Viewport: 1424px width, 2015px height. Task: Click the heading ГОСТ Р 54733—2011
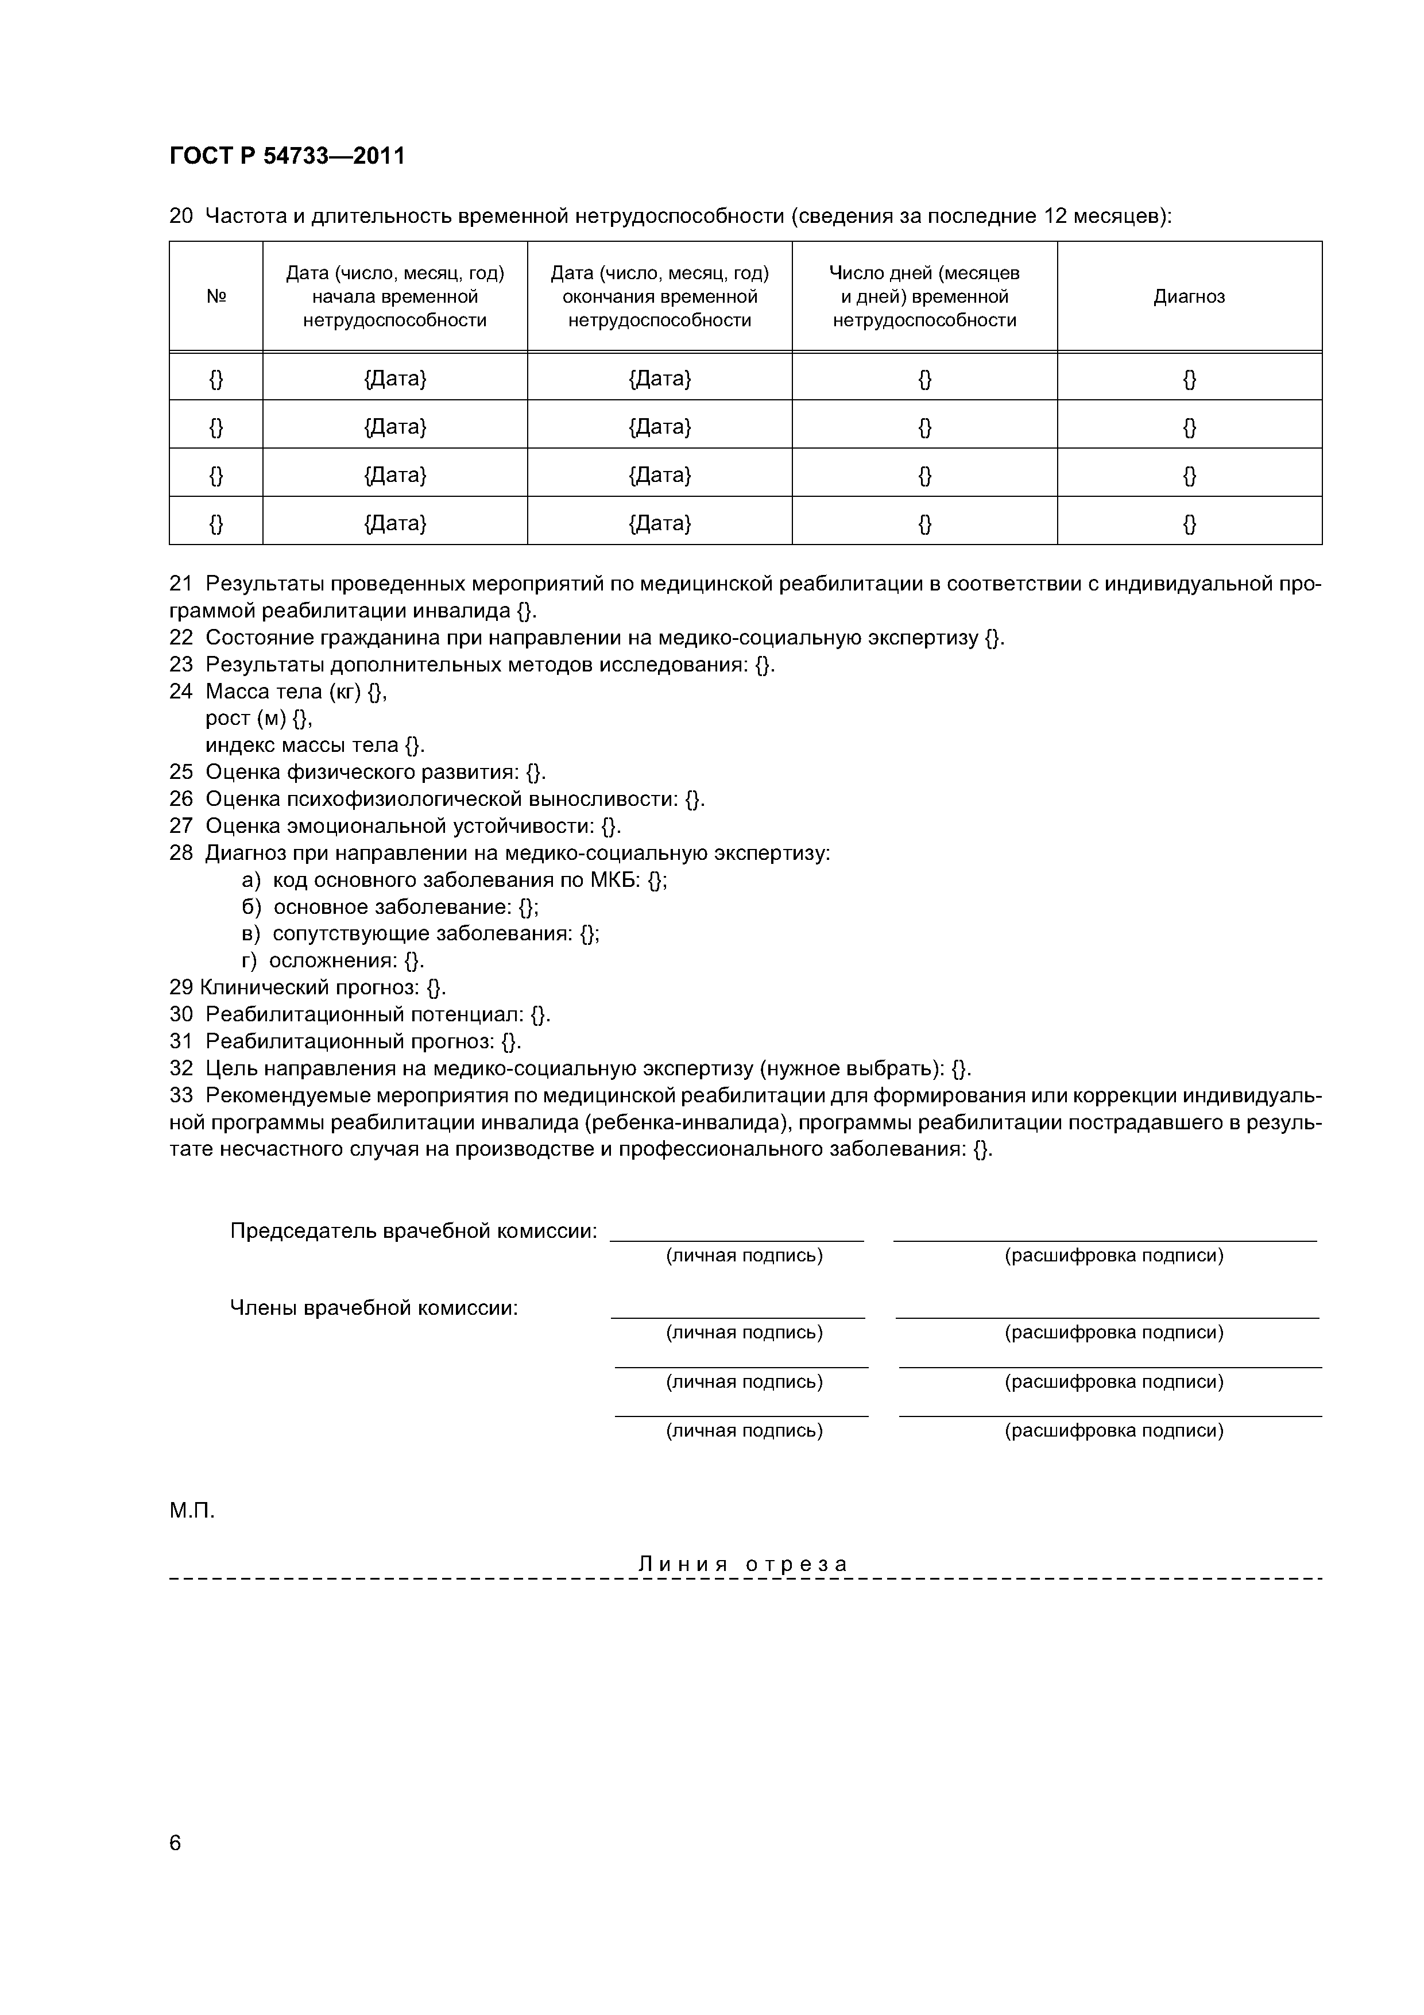pyautogui.click(x=287, y=156)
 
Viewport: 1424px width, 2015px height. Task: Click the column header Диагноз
pyautogui.click(x=1189, y=296)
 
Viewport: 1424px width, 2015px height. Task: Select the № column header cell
pyautogui.click(x=216, y=296)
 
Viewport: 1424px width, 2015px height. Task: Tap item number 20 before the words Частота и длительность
pyautogui.click(x=181, y=216)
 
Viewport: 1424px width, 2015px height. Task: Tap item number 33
pyautogui.click(x=181, y=1095)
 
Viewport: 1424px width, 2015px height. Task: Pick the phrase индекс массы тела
pyautogui.click(x=302, y=745)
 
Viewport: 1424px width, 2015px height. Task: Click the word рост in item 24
pyautogui.click(x=228, y=718)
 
